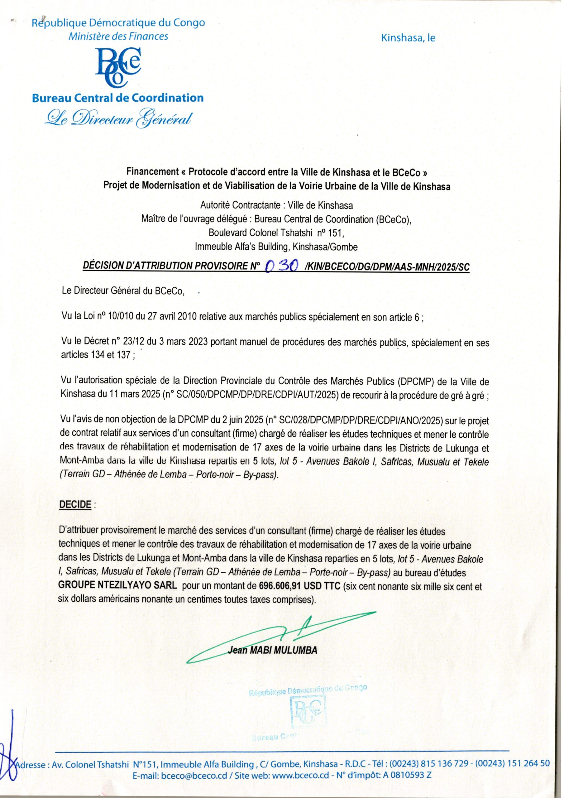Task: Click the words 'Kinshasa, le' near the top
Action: click(408, 38)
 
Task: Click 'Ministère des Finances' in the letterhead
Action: click(118, 36)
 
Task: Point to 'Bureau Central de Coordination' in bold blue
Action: click(118, 98)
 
